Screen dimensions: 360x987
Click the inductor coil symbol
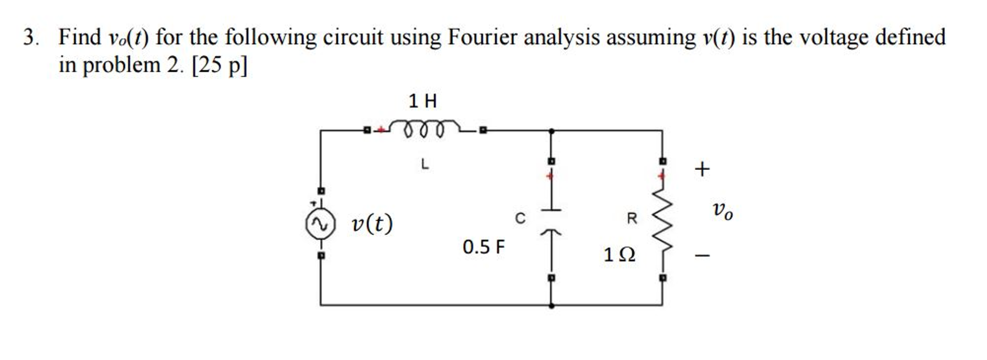coord(424,128)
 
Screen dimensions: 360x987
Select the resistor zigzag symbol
coord(662,220)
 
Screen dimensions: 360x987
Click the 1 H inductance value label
coord(423,101)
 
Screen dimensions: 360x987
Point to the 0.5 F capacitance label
coord(483,247)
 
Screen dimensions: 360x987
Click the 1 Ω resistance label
coord(619,254)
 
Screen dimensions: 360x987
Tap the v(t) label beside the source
coord(372,223)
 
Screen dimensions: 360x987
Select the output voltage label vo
coord(722,210)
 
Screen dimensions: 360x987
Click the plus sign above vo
coord(702,169)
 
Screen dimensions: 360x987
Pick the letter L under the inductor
coord(424,164)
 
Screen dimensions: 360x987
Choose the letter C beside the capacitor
coord(520,218)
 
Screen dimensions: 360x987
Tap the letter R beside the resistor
coord(631,218)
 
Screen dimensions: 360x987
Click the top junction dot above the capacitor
coord(551,130)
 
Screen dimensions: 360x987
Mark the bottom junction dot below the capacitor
coord(551,305)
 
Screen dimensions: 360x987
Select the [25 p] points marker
coord(219,65)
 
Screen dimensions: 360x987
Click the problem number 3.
coord(30,38)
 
